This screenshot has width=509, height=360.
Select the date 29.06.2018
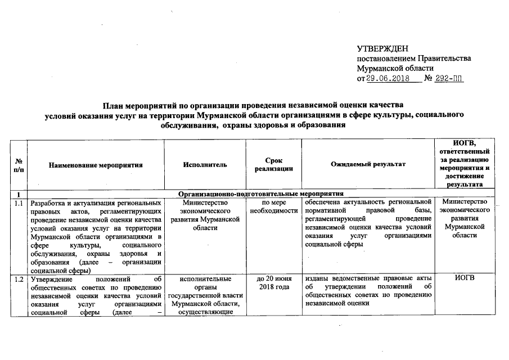click(388, 78)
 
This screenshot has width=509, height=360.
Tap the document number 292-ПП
click(450, 78)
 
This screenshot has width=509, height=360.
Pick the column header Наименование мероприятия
click(96, 165)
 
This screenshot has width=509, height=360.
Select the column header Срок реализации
click(273, 165)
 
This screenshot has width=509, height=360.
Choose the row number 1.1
click(20, 203)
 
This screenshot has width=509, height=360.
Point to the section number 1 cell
click(19, 194)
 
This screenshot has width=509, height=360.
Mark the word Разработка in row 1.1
click(49, 203)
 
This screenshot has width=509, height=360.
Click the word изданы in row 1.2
click(317, 279)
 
